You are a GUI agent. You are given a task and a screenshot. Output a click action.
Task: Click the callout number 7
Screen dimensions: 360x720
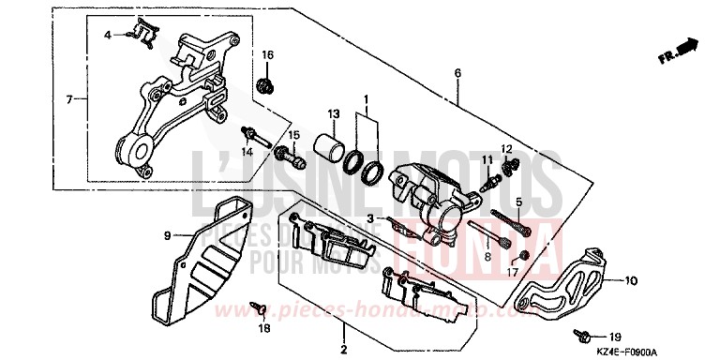(69, 97)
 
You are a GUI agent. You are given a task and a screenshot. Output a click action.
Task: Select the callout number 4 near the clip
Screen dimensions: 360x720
(107, 35)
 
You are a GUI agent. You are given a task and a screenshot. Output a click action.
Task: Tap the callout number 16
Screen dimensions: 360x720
(267, 56)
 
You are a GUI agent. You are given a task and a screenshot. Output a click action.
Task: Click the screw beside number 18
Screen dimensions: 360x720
(256, 307)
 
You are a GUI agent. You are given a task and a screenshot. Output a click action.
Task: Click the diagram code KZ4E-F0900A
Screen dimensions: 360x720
(671, 348)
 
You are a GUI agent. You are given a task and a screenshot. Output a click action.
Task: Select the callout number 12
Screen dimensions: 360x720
(506, 149)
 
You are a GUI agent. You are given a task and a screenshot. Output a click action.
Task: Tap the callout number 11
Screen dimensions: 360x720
(487, 159)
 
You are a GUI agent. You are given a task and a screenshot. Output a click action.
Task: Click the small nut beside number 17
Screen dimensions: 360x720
(524, 256)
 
